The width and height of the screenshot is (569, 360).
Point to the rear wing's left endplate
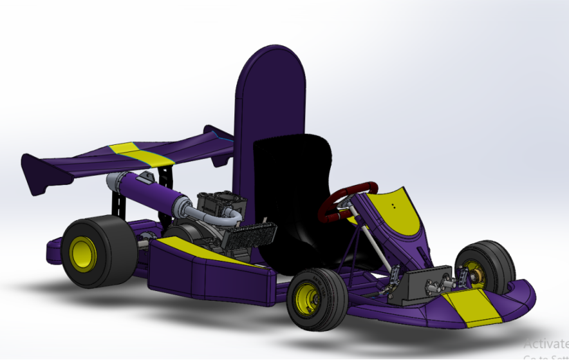click(39, 174)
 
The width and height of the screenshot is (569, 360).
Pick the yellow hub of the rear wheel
click(83, 253)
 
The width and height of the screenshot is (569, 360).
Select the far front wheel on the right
click(486, 267)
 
